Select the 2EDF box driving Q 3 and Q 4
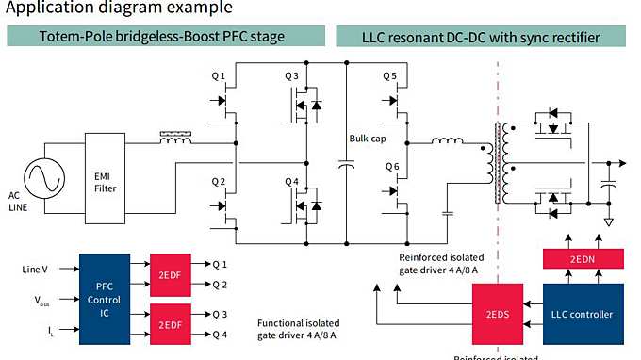tap(170, 320)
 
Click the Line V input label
tap(37, 270)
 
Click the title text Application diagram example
tap(118, 8)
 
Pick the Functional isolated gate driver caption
tap(298, 328)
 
